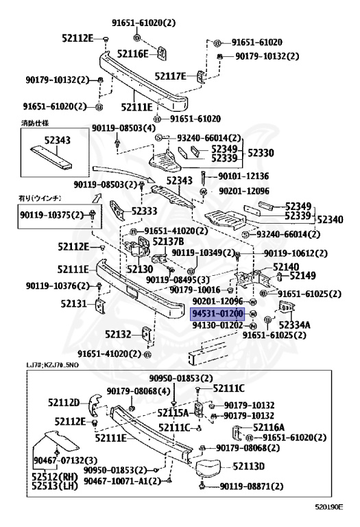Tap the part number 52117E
point(170,76)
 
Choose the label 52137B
point(168,242)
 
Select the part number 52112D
point(64,402)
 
